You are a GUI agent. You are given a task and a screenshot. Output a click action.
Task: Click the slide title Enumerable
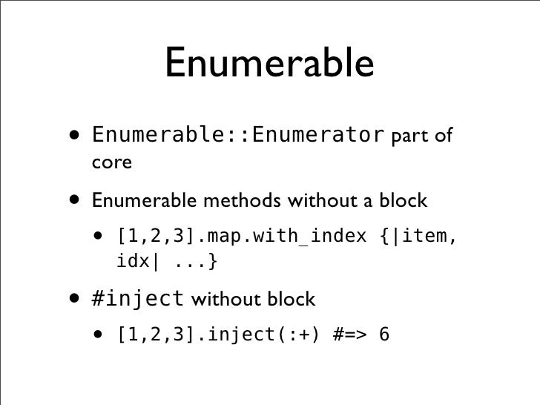pos(269,64)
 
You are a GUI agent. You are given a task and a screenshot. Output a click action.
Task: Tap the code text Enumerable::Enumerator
pos(237,137)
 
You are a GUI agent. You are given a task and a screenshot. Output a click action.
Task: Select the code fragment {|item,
pos(421,237)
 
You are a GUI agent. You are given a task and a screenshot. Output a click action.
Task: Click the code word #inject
pos(138,300)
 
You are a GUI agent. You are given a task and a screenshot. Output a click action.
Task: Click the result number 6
pos(383,335)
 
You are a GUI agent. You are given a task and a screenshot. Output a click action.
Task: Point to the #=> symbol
pos(343,335)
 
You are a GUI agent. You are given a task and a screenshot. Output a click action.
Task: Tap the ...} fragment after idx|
pos(197,262)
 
